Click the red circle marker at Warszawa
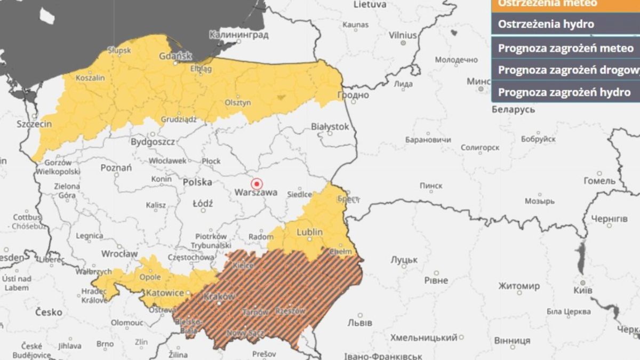(257, 184)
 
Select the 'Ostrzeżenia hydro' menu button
(546, 24)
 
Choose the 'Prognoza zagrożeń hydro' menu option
(564, 92)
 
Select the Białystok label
(330, 126)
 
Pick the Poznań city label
(116, 167)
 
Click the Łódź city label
(203, 203)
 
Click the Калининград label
(238, 35)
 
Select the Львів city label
(359, 323)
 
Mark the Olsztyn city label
(237, 102)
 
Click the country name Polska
(197, 182)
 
